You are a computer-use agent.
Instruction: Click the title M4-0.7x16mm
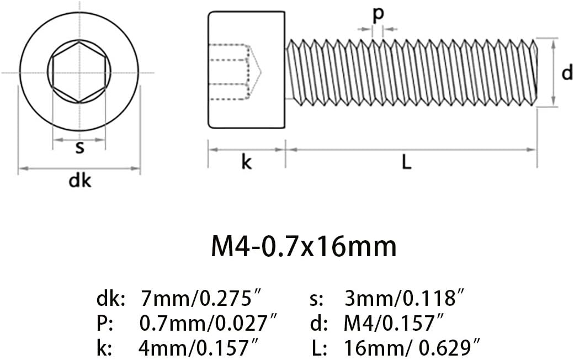point(304,246)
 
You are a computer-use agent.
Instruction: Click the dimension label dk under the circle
point(80,181)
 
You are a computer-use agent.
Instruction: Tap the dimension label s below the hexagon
point(79,148)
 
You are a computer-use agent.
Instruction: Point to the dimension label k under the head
point(246,161)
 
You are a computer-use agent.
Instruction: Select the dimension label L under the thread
point(406,162)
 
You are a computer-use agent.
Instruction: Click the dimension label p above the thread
point(378,15)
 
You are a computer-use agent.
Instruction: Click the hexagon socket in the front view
point(79,72)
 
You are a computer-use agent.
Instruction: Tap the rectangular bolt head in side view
point(246,70)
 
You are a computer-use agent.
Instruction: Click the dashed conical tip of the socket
point(256,72)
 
